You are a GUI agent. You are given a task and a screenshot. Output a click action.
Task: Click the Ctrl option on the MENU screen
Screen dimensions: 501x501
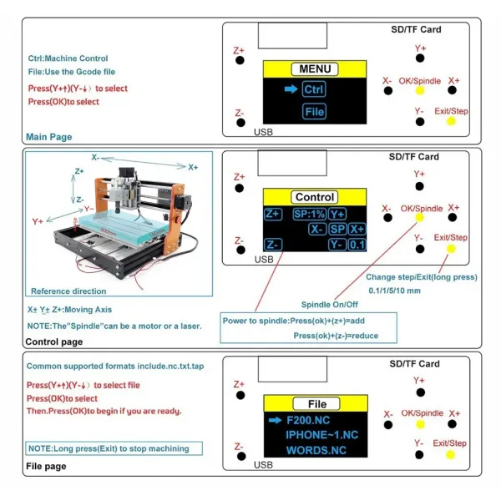click(x=314, y=89)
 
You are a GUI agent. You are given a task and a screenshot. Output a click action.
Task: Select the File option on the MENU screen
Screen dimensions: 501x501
click(x=314, y=111)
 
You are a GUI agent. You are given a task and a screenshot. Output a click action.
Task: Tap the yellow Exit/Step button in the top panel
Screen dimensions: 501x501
click(x=451, y=122)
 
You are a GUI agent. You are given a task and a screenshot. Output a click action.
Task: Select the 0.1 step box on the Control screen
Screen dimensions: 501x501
click(x=357, y=245)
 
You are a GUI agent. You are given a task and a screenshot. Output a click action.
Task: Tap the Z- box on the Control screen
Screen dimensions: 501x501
click(x=273, y=245)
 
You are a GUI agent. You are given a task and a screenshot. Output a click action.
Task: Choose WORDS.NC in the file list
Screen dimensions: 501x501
click(x=316, y=451)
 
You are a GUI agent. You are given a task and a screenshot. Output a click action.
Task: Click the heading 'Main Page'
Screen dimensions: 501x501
click(x=49, y=137)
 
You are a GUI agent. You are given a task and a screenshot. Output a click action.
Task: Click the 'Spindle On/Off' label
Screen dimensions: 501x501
click(x=330, y=304)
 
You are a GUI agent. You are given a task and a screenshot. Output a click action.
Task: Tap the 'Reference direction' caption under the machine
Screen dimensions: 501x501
click(x=68, y=291)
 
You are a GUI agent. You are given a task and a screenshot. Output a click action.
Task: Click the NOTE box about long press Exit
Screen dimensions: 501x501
click(x=108, y=448)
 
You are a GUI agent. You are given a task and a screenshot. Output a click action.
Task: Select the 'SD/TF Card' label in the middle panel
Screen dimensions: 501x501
click(x=414, y=157)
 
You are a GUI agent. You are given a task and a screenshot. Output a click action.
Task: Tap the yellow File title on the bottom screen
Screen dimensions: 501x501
click(x=316, y=402)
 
